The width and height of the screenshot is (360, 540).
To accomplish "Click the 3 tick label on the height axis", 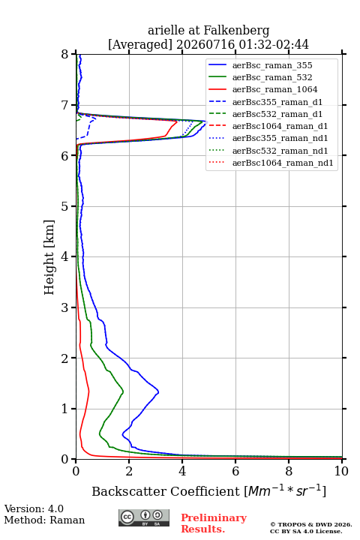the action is (x=65, y=307).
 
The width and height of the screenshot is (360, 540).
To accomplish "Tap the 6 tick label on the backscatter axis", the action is (x=235, y=471).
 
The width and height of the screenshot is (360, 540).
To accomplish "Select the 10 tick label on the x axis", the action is (x=341, y=471).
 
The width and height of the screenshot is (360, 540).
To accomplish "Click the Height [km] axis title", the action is (x=49, y=257).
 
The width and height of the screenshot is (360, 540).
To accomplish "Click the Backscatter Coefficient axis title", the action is (x=208, y=490).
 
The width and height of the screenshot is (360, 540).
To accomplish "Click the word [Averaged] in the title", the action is (x=140, y=45).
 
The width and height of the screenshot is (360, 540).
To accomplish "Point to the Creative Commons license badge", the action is (x=144, y=517).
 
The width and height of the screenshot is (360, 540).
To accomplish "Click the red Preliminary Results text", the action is (x=214, y=523).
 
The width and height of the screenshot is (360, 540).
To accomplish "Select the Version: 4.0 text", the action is (x=34, y=508).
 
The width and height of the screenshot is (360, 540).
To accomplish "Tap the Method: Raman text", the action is (x=44, y=520).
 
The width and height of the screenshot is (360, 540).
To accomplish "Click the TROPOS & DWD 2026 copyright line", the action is (x=311, y=524).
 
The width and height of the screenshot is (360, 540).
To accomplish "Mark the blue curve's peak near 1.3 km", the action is (x=158, y=391).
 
